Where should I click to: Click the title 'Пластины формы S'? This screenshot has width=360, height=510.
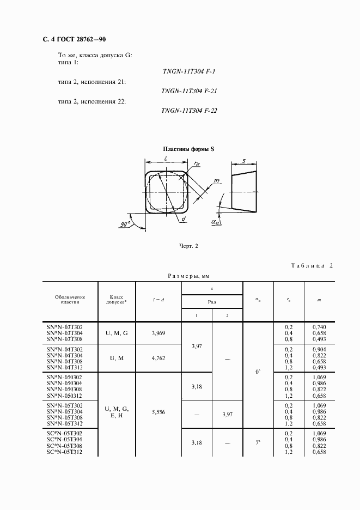[x=188, y=149]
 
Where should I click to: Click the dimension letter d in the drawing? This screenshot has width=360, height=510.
[x=184, y=219]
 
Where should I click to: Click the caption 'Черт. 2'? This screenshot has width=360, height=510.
[x=188, y=246]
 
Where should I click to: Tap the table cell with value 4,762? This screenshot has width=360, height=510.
[x=157, y=359]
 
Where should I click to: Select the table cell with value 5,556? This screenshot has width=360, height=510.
[x=157, y=412]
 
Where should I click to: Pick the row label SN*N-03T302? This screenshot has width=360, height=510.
[x=65, y=326]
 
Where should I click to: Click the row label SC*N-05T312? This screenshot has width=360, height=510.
[x=65, y=452]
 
